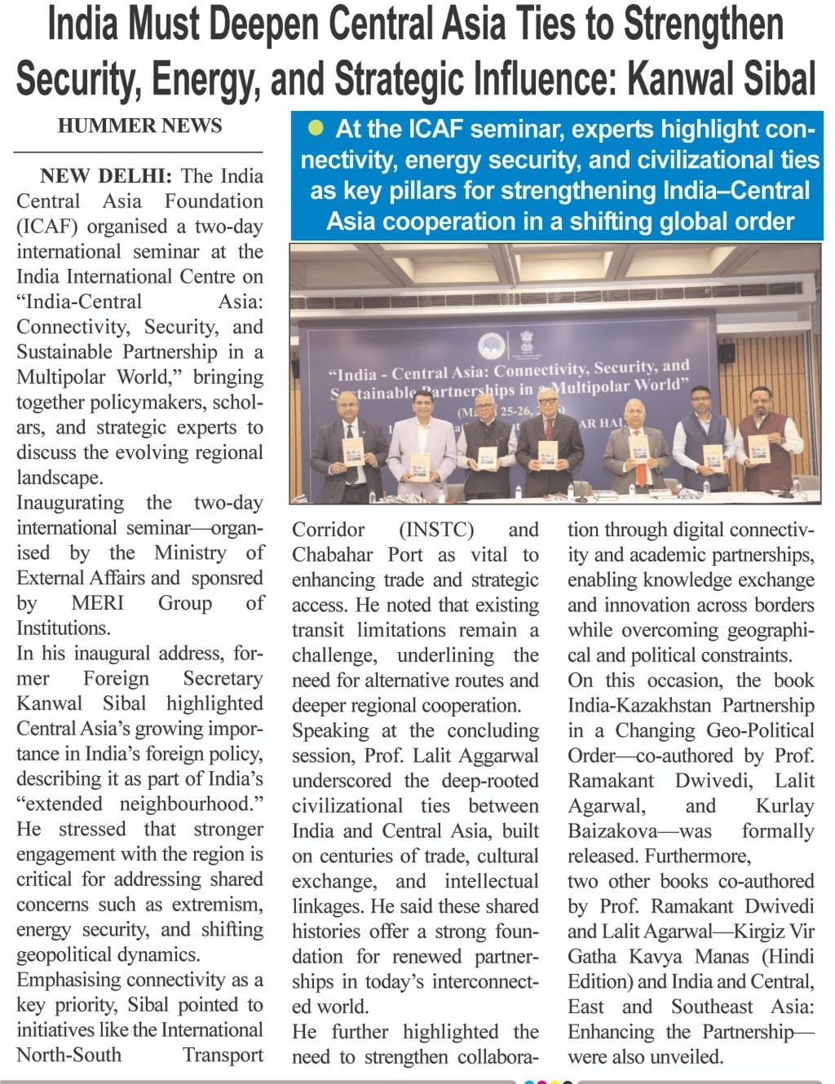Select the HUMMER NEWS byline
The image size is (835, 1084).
click(x=139, y=126)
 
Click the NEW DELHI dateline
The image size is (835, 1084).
click(x=106, y=176)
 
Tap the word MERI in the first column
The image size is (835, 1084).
click(x=98, y=603)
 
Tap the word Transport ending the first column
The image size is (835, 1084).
click(x=223, y=1055)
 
